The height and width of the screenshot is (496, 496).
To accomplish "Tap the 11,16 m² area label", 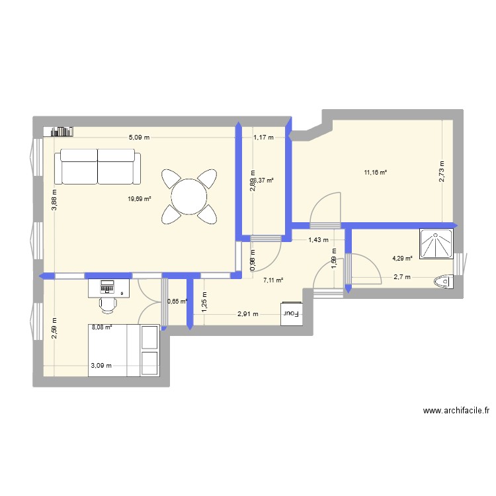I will tap(375, 173).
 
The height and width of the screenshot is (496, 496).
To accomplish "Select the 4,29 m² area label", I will tap(403, 259).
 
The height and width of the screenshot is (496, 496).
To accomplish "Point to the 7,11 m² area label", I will tap(273, 280).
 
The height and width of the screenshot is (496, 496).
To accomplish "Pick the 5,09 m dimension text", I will tap(139, 138).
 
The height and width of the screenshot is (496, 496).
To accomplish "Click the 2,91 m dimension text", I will tap(248, 315).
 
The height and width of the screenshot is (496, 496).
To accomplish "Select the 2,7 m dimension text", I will tap(402, 277).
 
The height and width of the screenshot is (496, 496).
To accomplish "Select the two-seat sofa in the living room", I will tap(97, 167).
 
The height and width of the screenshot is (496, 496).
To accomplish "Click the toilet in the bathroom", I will tap(445, 282).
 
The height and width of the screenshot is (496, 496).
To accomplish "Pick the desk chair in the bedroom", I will tap(108, 303).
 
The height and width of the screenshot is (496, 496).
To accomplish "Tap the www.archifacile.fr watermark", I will tap(456, 411).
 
